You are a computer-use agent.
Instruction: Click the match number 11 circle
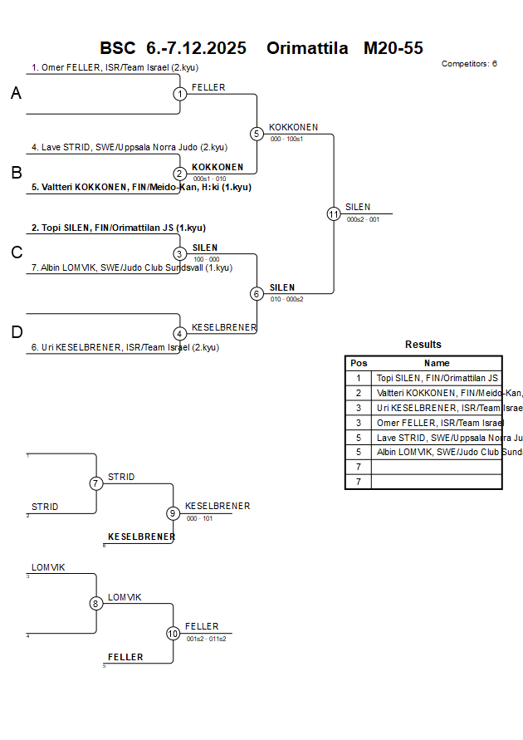click(x=334, y=213)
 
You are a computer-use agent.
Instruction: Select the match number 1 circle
click(x=180, y=94)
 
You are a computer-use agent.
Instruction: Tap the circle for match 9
click(x=173, y=513)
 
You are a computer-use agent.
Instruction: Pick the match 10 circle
click(x=173, y=634)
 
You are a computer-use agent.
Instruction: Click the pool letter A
click(x=16, y=94)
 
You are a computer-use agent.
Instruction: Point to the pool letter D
click(x=16, y=332)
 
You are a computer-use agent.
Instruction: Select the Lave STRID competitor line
click(x=129, y=147)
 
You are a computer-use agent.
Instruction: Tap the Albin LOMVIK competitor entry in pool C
click(x=131, y=267)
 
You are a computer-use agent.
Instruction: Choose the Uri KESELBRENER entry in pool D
click(x=125, y=348)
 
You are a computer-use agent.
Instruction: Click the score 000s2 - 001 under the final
click(x=363, y=220)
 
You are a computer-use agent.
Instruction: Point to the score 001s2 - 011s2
click(x=206, y=639)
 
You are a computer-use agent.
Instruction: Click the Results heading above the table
click(x=423, y=344)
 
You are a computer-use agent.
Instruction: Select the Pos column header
click(x=359, y=363)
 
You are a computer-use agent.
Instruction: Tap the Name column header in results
click(x=437, y=363)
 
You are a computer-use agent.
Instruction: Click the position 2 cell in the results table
click(x=359, y=393)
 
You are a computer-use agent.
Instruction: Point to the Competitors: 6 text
click(x=469, y=63)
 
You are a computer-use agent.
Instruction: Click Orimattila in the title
click(x=307, y=48)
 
